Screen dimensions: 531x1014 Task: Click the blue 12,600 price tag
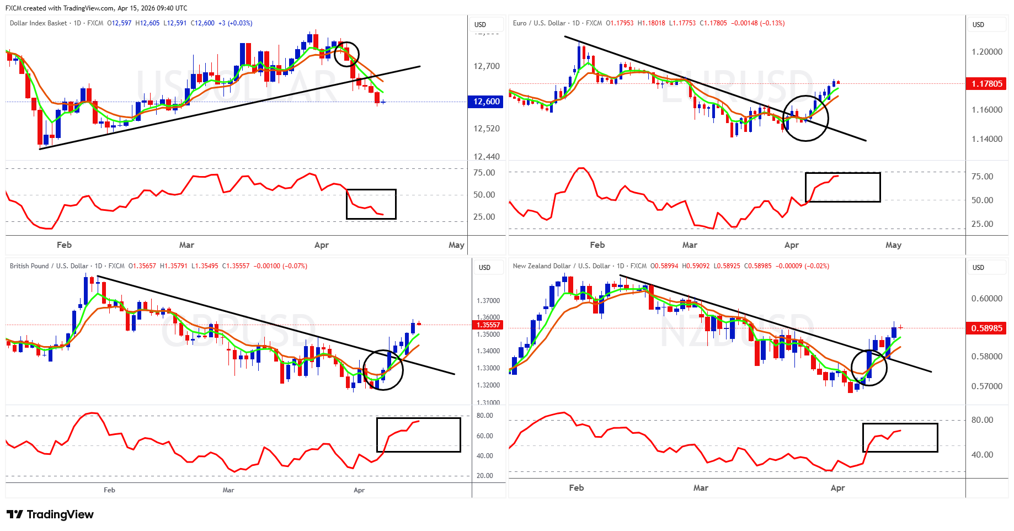[x=486, y=102]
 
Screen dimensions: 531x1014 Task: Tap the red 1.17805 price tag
[x=986, y=84]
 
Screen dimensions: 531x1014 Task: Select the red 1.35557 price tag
[x=488, y=325]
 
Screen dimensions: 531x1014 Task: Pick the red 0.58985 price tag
[x=986, y=328]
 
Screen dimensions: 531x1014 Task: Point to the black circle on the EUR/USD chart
[x=805, y=118]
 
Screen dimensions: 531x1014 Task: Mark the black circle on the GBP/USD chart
[x=382, y=370]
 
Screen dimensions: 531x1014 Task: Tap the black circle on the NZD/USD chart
[x=869, y=368]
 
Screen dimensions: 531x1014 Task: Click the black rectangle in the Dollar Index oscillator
[x=371, y=204]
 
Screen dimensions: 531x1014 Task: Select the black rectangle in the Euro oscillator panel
[x=842, y=187]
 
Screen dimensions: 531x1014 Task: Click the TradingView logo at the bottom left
[x=50, y=514]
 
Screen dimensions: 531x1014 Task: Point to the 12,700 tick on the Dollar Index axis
[x=486, y=66]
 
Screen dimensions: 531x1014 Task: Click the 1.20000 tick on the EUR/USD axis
[x=986, y=52]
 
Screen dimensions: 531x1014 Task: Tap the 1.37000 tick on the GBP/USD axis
[x=488, y=301]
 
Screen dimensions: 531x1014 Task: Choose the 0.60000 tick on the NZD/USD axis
[x=986, y=299]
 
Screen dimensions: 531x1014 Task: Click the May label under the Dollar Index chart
[x=456, y=245]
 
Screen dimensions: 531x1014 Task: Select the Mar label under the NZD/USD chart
[x=701, y=488]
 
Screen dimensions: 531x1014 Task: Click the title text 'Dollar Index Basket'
[x=38, y=23]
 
